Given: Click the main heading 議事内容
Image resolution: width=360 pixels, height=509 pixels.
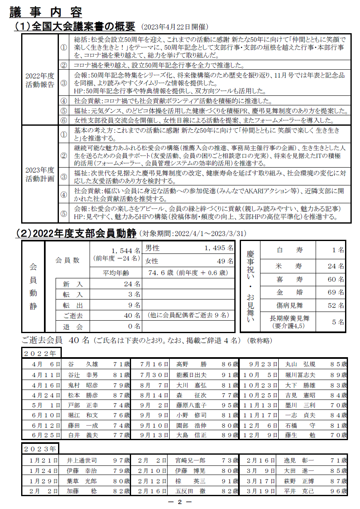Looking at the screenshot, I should [x=46, y=12].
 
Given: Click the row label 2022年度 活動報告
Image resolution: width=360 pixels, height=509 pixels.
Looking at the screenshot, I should [x=40, y=80].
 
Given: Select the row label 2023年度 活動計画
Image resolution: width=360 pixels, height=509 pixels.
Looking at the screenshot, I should [x=40, y=174].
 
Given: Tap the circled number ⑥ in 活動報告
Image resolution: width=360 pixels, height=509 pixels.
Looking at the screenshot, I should [x=63, y=120].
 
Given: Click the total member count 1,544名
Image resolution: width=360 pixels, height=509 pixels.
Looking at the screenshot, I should [x=126, y=251].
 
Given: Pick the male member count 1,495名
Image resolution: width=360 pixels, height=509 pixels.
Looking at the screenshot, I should [x=219, y=248].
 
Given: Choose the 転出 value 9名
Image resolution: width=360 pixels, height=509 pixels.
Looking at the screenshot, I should [x=134, y=305].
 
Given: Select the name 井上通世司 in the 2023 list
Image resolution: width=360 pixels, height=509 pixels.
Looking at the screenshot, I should [x=82, y=461].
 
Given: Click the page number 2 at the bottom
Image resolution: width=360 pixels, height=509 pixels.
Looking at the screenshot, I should [x=180, y=502].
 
